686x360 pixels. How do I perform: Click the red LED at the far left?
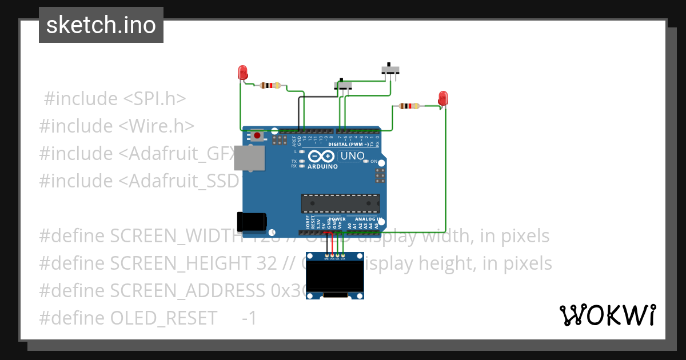[242, 73]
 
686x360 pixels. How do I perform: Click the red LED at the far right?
[442, 98]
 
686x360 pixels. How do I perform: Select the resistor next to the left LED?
[270, 86]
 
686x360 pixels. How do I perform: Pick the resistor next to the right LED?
[409, 106]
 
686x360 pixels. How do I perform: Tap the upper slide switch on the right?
[391, 70]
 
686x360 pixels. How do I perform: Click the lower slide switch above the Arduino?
[343, 85]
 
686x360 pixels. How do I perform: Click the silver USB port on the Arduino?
[250, 158]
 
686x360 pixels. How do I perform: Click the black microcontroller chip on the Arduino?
[341, 203]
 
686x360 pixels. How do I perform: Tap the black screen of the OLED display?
[335, 276]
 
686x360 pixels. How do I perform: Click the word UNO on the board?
[352, 155]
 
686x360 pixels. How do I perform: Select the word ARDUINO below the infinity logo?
[322, 166]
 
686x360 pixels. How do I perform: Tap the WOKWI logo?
[607, 315]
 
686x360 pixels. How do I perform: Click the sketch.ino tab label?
[101, 25]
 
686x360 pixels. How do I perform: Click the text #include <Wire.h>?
[117, 126]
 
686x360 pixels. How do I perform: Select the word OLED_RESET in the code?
[163, 318]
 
